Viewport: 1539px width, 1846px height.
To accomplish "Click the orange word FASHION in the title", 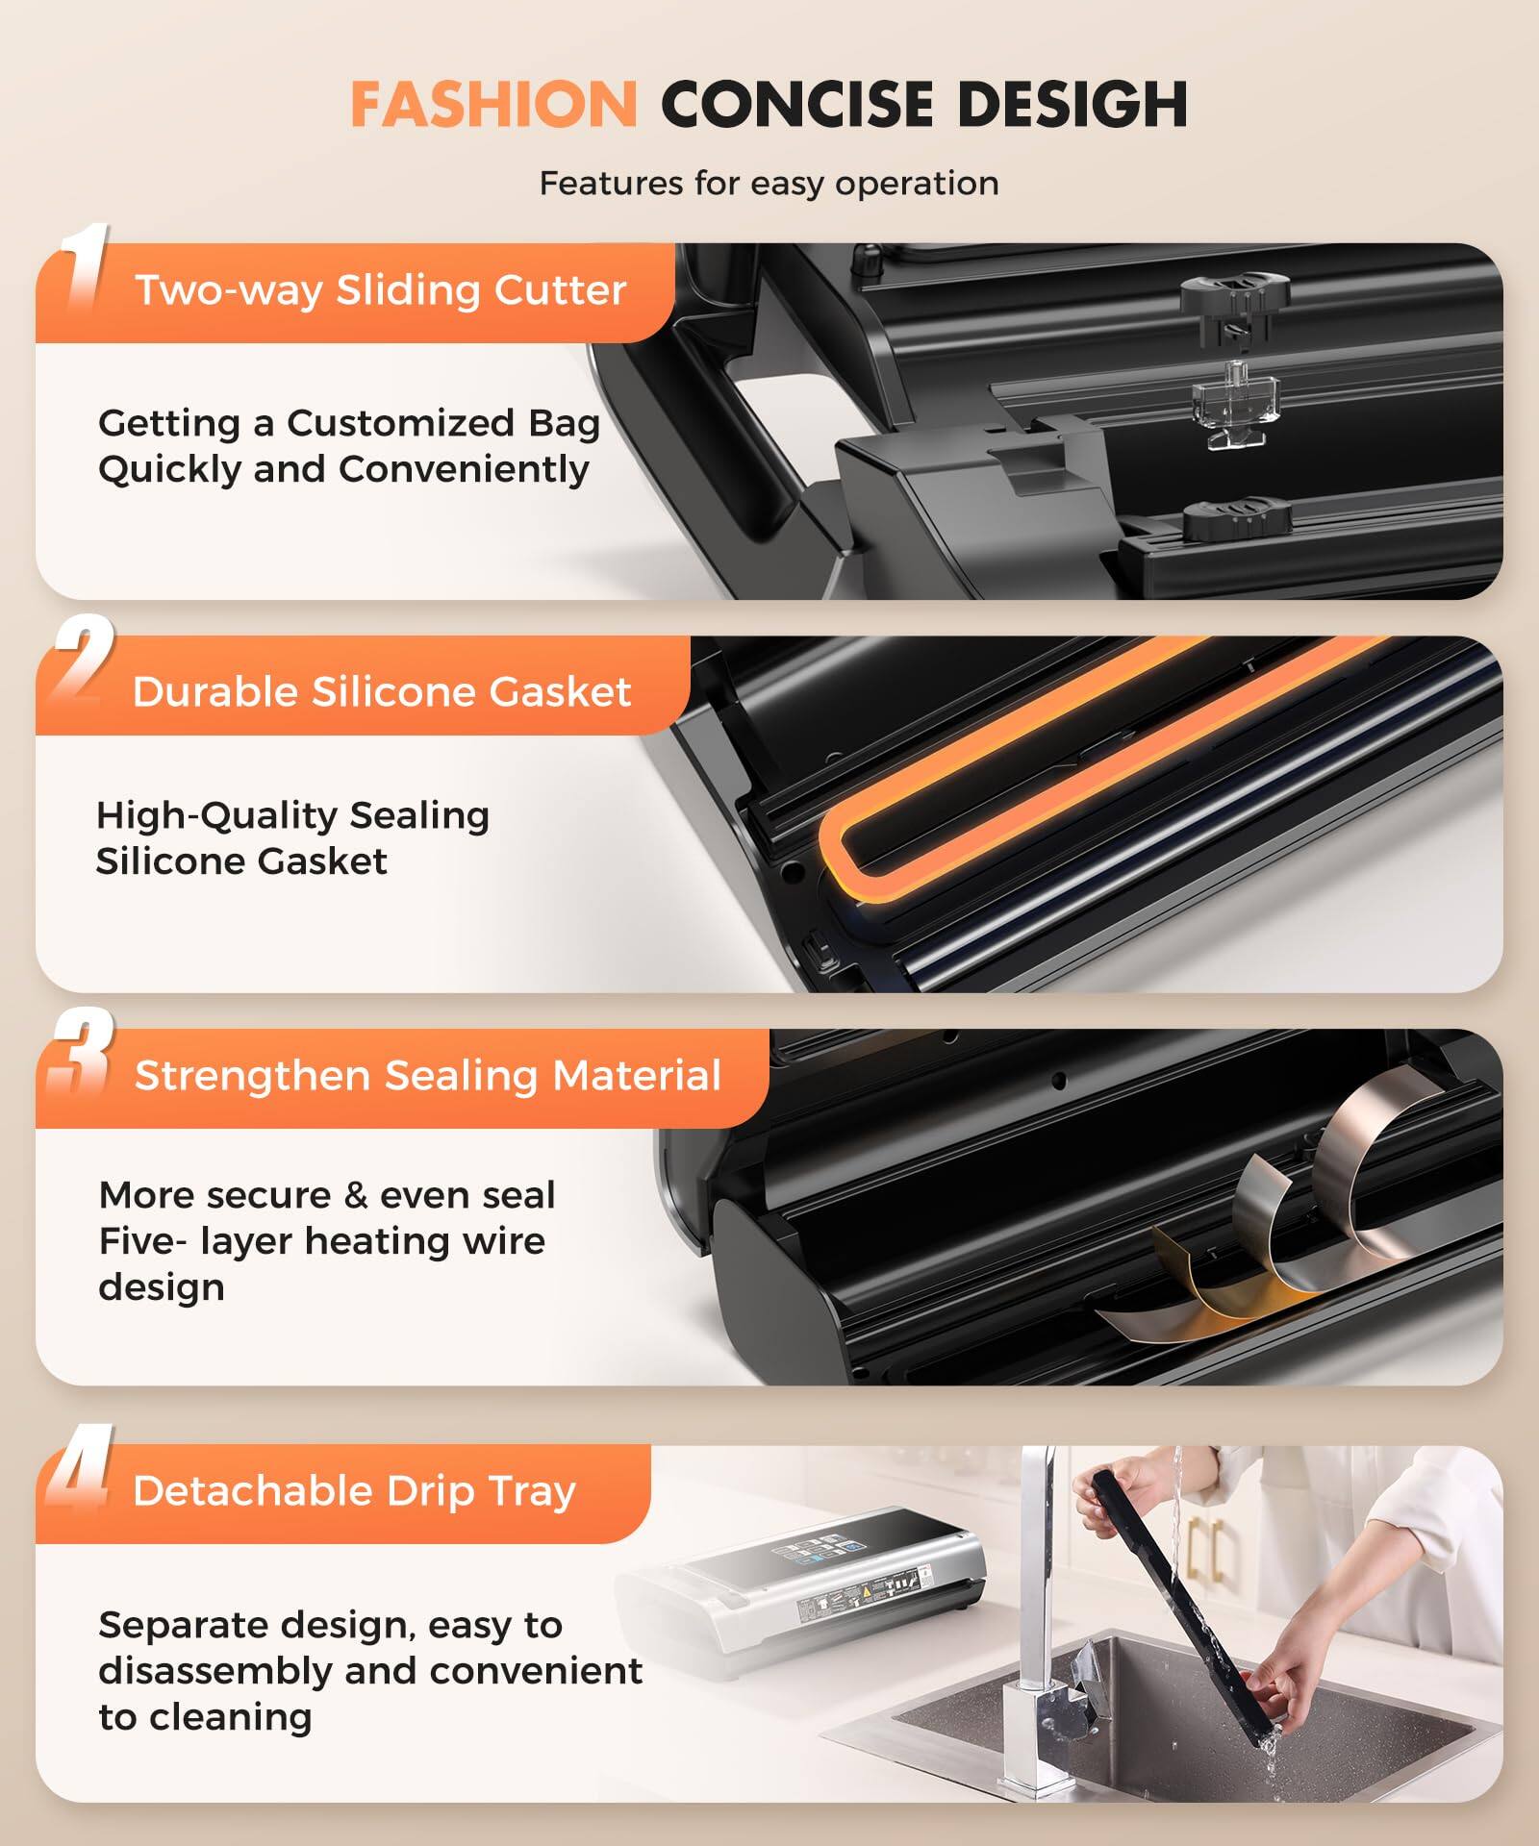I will [492, 104].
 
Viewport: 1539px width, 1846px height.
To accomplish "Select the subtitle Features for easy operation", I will [769, 183].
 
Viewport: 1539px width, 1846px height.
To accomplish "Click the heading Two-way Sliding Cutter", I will [380, 290].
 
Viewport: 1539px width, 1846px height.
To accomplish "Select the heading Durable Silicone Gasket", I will [381, 691].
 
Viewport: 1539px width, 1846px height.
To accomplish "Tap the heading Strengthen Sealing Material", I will [427, 1075].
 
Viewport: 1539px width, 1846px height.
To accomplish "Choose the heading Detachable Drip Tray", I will [354, 1490].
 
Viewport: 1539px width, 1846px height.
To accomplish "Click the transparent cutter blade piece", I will [1235, 404].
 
